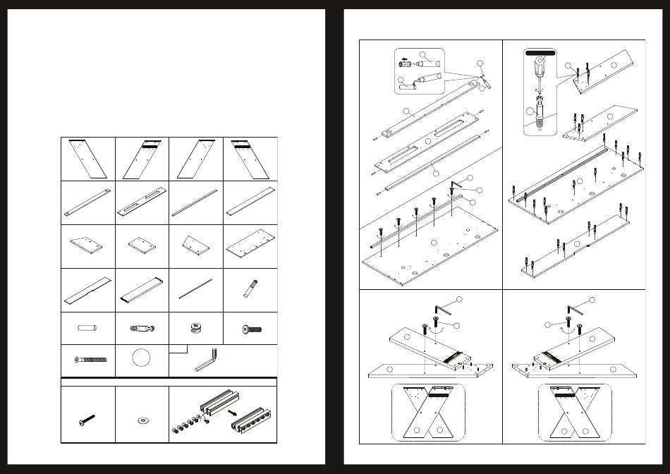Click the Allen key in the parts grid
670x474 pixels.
point(206,363)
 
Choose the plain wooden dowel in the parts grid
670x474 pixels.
point(87,328)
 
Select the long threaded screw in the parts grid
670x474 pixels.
point(89,360)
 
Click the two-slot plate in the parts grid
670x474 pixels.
point(142,199)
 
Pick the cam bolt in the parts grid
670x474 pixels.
point(142,328)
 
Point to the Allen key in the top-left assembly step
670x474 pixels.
point(457,185)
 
